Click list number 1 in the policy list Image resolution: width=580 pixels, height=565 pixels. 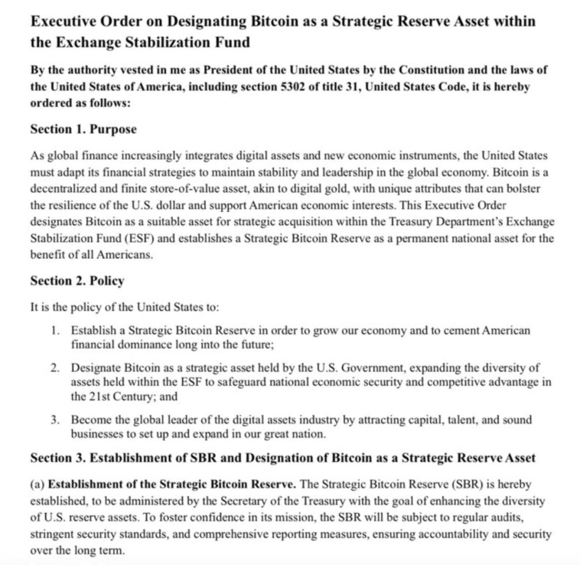click(x=56, y=330)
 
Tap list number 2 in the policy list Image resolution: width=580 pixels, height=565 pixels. click(x=56, y=368)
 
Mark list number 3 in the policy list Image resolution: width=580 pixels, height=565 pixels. click(x=56, y=420)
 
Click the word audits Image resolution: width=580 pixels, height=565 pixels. click(x=500, y=517)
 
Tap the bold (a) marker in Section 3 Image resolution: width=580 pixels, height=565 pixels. click(x=37, y=485)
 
